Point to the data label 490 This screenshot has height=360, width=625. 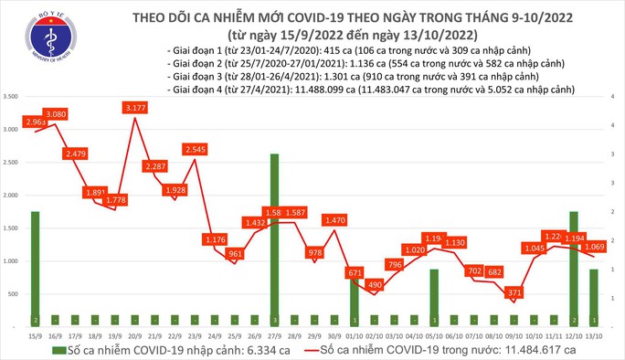click(x=374, y=284)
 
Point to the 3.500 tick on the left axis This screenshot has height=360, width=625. click(x=13, y=96)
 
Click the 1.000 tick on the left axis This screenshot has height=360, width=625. click(x=13, y=261)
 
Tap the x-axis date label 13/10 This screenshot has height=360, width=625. click(x=594, y=334)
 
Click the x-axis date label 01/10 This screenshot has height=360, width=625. click(x=353, y=334)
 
